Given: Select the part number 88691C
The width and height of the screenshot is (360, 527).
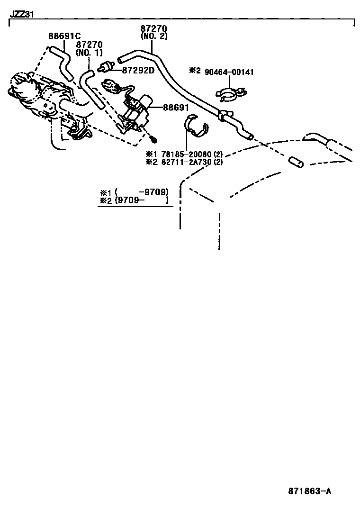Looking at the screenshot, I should (x=64, y=36).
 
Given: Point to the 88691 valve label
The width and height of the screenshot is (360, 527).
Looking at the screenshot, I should (x=176, y=108).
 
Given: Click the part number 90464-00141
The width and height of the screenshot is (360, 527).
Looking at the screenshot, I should (x=230, y=72).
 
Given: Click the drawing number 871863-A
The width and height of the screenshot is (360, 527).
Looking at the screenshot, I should (x=309, y=491).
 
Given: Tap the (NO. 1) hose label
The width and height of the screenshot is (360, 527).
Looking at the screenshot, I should (x=89, y=53).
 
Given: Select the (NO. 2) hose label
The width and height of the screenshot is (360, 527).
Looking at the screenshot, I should (x=154, y=36).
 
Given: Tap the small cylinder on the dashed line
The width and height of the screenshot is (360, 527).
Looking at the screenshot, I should (x=296, y=162).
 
